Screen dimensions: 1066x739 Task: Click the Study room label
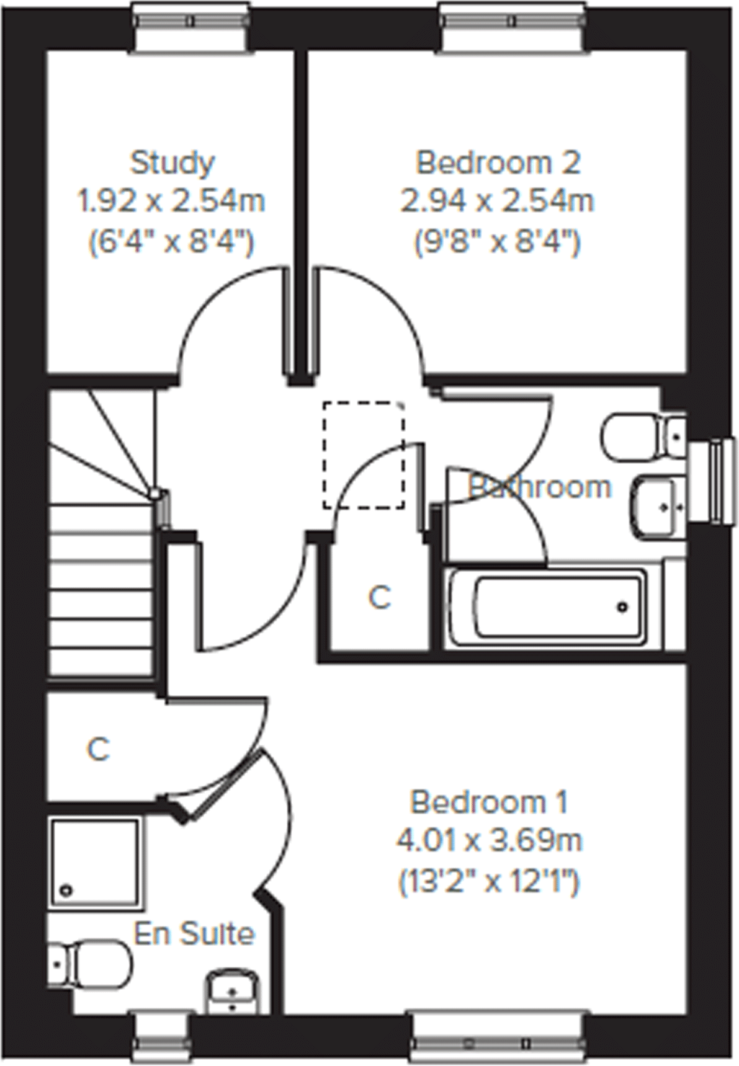tap(172, 163)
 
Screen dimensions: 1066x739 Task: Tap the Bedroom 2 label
tap(498, 163)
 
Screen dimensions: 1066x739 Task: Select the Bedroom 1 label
tap(489, 802)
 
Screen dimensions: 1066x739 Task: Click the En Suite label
tap(194, 934)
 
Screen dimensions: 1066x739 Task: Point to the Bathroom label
tap(539, 487)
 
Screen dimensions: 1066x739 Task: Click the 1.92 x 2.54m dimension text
tap(171, 201)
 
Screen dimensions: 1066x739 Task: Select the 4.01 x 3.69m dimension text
tap(489, 841)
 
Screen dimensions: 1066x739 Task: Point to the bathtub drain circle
tap(622, 608)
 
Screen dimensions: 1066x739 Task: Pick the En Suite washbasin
tap(231, 992)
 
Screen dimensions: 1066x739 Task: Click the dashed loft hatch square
tap(363, 455)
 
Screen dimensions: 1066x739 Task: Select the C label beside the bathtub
tap(379, 598)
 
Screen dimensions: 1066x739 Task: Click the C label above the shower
tap(99, 749)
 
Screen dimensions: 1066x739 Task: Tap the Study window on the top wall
tap(192, 21)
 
